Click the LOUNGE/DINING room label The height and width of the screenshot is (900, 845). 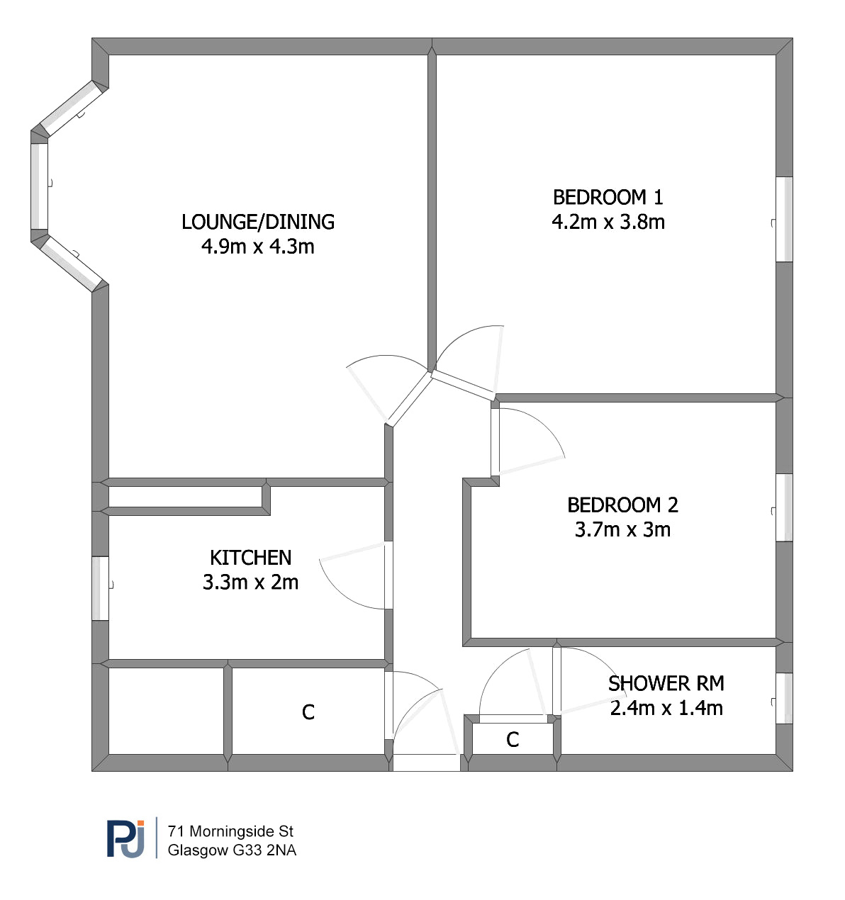click(x=257, y=222)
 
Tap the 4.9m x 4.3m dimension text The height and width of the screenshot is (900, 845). click(x=257, y=247)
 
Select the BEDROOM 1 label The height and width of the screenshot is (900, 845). click(x=608, y=197)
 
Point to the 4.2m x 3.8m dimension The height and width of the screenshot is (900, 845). click(x=608, y=222)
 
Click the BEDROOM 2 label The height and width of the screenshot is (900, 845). click(x=622, y=505)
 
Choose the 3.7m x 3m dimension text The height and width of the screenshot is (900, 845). click(x=622, y=529)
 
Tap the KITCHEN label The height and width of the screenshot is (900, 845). click(x=250, y=558)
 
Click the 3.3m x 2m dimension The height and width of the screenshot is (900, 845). click(x=250, y=583)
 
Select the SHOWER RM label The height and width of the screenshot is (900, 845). click(x=666, y=683)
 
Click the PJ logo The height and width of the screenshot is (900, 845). click(x=125, y=838)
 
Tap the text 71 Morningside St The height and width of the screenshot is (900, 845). click(x=230, y=831)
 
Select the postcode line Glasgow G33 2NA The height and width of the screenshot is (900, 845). click(x=232, y=850)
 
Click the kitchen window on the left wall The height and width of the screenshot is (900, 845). click(x=100, y=587)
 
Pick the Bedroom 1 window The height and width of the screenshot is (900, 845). click(x=784, y=219)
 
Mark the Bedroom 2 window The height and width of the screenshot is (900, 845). click(x=784, y=507)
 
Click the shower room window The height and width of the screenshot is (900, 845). click(x=784, y=698)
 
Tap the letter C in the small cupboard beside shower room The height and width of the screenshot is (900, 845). click(x=513, y=740)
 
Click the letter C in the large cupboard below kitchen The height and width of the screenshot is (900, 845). click(x=308, y=712)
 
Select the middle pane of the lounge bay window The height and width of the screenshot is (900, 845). click(x=40, y=186)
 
